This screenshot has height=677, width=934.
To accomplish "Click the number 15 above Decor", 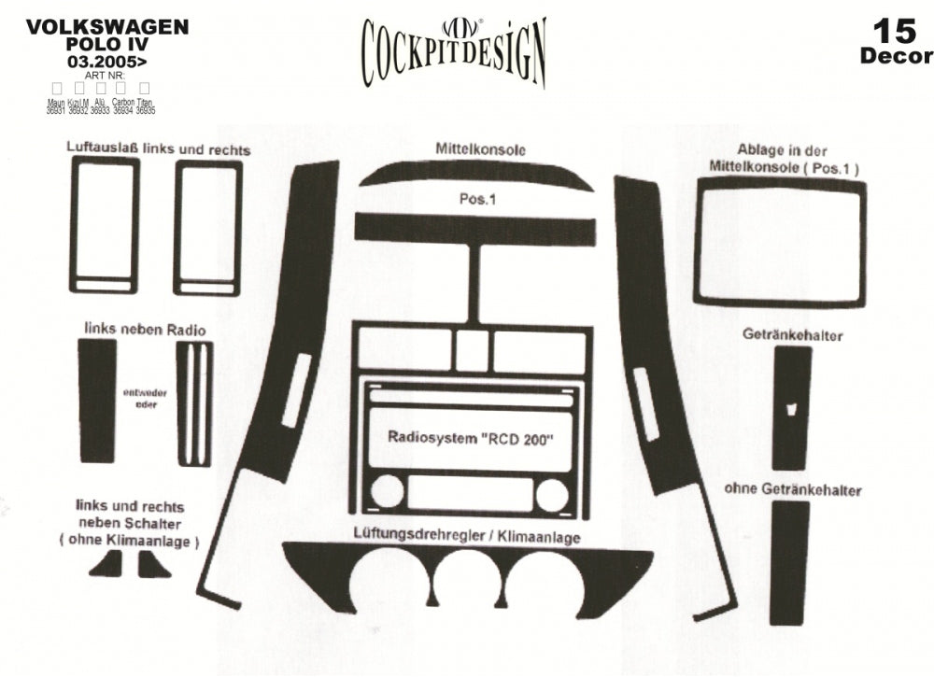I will click(x=895, y=31).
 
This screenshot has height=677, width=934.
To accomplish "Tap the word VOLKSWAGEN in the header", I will click(x=107, y=27).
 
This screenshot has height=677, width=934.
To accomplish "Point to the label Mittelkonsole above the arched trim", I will click(x=480, y=148).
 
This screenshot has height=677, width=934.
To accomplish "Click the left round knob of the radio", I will click(x=387, y=492).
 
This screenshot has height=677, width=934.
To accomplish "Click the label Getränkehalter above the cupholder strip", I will click(x=793, y=334).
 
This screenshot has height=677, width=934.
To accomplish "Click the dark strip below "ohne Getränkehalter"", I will click(x=790, y=562).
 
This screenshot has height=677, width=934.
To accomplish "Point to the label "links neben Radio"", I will click(x=145, y=330).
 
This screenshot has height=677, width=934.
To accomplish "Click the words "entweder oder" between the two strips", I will click(x=146, y=399).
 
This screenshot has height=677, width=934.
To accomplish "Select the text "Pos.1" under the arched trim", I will click(x=476, y=200).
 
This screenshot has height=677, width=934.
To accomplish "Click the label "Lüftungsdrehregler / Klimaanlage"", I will click(x=467, y=537).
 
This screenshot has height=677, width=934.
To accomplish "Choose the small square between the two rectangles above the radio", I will click(x=473, y=348).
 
